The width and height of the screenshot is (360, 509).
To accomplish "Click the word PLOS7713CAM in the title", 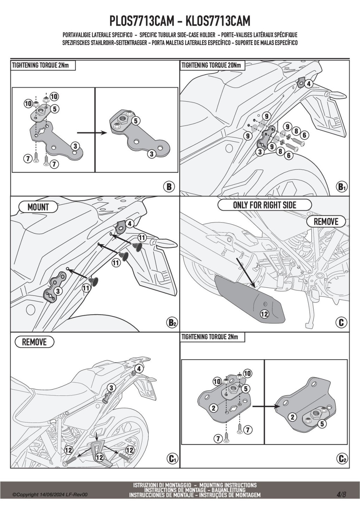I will pyautogui.click(x=142, y=21).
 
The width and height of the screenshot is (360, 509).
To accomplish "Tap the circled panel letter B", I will pyautogui.click(x=169, y=187).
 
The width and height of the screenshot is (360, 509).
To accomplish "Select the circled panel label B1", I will pyautogui.click(x=341, y=187).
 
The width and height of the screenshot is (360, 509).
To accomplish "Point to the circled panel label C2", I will pyautogui.click(x=341, y=458).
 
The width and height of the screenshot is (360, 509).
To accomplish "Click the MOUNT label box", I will pyautogui.click(x=38, y=207).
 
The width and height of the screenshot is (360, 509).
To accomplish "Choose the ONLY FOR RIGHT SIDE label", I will pyautogui.click(x=264, y=205).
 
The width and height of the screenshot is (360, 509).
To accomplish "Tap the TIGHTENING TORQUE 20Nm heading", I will pyautogui.click(x=211, y=65).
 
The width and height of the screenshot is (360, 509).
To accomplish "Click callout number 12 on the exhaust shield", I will pyautogui.click(x=264, y=314).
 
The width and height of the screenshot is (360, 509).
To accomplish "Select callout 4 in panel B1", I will pyautogui.click(x=308, y=84).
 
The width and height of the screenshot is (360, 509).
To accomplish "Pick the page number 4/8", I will pyautogui.click(x=341, y=494).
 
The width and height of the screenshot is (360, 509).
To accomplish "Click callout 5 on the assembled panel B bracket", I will pyautogui.click(x=136, y=121).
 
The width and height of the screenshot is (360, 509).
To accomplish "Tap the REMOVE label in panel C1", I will pyautogui.click(x=34, y=342).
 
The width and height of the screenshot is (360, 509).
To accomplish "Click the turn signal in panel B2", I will pyautogui.click(x=161, y=242).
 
